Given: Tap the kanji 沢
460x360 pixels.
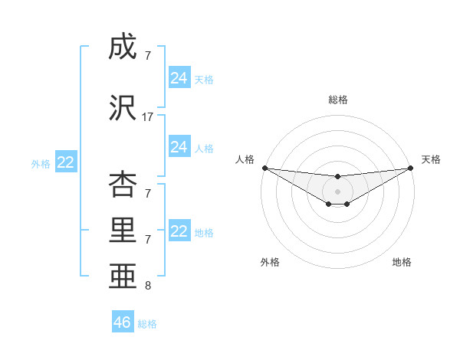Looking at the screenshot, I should point(122,108).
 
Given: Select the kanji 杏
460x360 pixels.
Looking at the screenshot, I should point(122,184).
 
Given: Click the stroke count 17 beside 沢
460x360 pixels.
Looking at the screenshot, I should point(148,117).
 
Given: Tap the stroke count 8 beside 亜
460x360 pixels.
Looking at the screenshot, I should point(148,286).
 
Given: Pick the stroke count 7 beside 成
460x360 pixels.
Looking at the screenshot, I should point(148,56).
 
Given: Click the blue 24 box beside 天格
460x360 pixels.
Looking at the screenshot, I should point(179,78).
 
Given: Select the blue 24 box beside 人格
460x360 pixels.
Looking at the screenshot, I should point(179,147).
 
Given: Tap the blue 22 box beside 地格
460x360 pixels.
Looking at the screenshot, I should point(179,231).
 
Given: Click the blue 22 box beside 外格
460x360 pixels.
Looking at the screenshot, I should point(65,162).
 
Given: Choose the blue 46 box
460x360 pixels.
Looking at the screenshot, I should point(123,322).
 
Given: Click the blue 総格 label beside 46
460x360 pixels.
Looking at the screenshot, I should point(147,324).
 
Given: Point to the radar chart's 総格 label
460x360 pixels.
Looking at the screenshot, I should point(338,100).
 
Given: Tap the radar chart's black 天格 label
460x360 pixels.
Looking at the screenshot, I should point(431,159).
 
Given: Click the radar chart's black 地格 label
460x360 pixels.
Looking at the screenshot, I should point(402,262).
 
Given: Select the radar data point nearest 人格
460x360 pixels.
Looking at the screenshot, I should point(264,167).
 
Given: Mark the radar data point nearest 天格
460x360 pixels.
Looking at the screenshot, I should point(411,167).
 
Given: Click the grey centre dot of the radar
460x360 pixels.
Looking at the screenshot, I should point(337,191).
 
